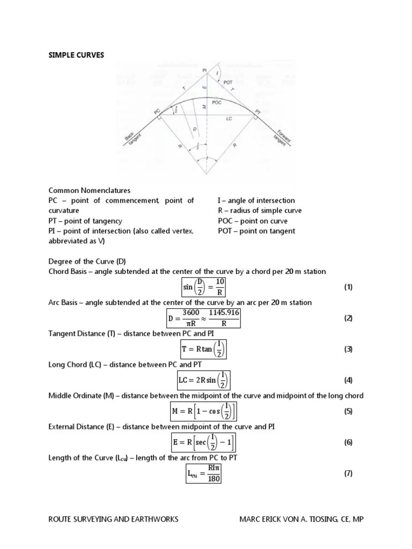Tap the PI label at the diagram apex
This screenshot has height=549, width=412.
(204, 70)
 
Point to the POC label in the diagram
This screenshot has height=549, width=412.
(217, 102)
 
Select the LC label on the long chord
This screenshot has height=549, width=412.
(229, 118)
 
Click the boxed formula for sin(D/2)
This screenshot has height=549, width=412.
(205, 287)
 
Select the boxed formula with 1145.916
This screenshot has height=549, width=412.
(206, 318)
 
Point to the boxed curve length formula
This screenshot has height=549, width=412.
(204, 473)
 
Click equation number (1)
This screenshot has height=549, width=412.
(348, 287)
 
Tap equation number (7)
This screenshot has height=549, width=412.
(348, 473)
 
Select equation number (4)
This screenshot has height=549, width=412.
(348, 380)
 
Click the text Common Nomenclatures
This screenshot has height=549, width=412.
(90, 190)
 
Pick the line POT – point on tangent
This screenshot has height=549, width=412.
(256, 231)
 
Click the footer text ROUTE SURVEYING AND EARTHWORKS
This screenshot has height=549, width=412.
(113, 520)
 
